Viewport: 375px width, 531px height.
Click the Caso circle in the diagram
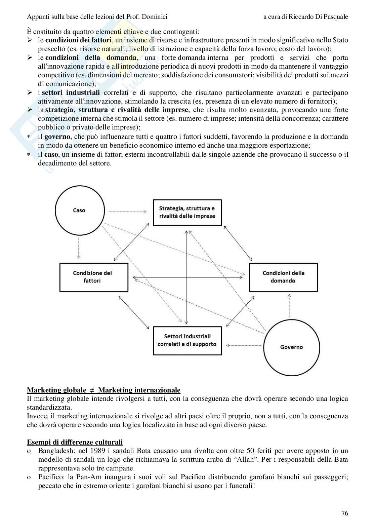(x=79, y=211)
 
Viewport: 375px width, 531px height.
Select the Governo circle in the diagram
(x=291, y=347)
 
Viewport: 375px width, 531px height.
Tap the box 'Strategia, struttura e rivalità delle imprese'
(x=187, y=213)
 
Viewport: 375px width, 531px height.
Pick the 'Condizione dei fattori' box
(x=93, y=277)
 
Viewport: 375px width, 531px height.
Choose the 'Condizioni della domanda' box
(x=283, y=277)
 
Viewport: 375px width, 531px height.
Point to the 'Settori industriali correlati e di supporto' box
(x=187, y=340)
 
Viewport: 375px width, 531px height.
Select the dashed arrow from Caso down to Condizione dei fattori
(x=79, y=248)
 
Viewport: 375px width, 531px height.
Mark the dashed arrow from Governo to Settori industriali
(x=244, y=345)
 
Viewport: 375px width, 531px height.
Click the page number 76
(x=344, y=513)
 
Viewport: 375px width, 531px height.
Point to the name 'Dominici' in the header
(x=155, y=16)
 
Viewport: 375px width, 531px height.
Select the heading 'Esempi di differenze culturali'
(x=75, y=442)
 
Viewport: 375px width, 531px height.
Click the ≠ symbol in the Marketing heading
(x=92, y=390)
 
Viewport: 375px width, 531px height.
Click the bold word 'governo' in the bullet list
(x=57, y=137)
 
